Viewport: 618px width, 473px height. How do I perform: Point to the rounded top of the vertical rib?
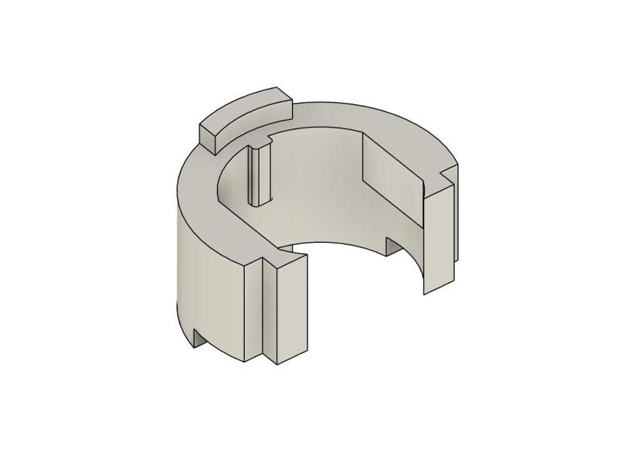259,145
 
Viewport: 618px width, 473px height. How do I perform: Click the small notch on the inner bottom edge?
392,247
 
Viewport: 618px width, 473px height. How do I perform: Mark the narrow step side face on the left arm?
270,313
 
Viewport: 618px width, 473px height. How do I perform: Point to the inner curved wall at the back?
317,185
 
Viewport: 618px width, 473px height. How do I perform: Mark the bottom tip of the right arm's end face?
426,292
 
